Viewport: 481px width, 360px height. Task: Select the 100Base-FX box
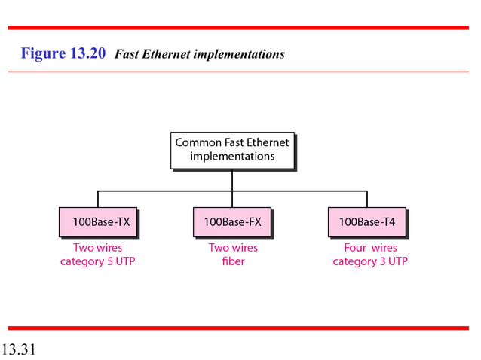tap(232, 222)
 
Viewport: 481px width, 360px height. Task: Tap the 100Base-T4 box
tap(366, 222)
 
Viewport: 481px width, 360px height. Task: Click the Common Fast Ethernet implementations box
tap(231, 150)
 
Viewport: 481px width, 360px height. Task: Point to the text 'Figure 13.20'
tap(63, 54)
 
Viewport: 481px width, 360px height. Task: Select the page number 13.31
tap(19, 349)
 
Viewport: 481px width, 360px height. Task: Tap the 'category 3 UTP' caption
tap(370, 262)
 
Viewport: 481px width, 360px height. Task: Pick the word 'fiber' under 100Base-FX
tap(233, 262)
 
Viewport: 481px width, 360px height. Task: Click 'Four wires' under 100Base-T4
tap(370, 248)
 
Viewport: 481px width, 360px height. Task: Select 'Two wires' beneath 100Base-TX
tap(97, 248)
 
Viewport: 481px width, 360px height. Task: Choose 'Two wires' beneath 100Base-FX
tap(233, 248)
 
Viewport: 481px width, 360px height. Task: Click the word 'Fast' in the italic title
tap(130, 55)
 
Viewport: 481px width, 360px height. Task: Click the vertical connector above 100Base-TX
tap(98, 199)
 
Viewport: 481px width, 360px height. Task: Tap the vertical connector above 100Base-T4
tap(367, 199)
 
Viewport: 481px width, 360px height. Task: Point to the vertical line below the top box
tap(232, 178)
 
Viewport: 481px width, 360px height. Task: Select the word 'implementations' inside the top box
tap(232, 157)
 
